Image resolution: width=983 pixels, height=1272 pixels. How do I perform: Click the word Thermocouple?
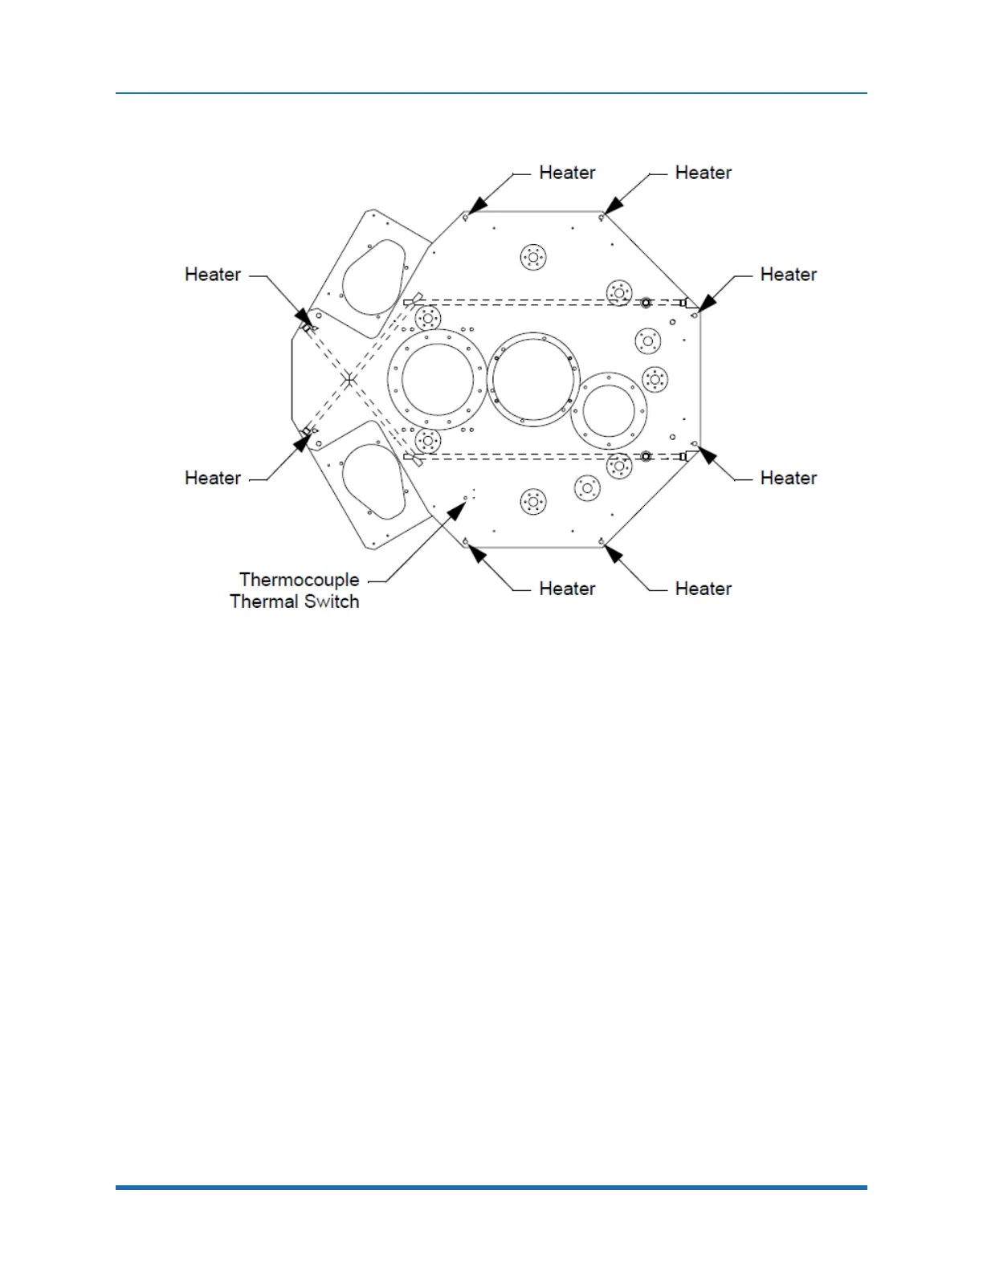pos(299,580)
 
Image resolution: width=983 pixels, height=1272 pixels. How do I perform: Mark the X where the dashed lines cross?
pos(349,379)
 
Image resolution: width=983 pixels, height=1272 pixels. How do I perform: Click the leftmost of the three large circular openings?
pos(438,380)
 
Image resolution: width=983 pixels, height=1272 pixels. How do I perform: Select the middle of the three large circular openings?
pos(533,379)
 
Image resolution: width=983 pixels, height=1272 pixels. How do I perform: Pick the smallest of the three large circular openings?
pos(610,410)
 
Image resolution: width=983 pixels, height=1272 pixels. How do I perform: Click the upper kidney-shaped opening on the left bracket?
pos(374,277)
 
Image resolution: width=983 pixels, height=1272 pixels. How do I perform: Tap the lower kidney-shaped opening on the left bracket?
pos(373,480)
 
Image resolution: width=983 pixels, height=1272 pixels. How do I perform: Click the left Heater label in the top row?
pos(567,173)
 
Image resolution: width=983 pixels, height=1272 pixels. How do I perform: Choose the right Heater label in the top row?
pos(703,173)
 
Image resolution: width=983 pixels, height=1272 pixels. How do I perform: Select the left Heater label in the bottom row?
pos(567,589)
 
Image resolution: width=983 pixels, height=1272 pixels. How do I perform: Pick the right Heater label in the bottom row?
pos(703,589)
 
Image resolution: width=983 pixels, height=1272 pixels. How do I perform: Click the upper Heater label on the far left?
pos(213,275)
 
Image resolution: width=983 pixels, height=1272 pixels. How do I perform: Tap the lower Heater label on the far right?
pos(788,478)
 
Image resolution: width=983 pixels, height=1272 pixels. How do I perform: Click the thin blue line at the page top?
pos(491,93)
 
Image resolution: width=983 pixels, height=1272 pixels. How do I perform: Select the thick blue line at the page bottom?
pos(491,1187)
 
